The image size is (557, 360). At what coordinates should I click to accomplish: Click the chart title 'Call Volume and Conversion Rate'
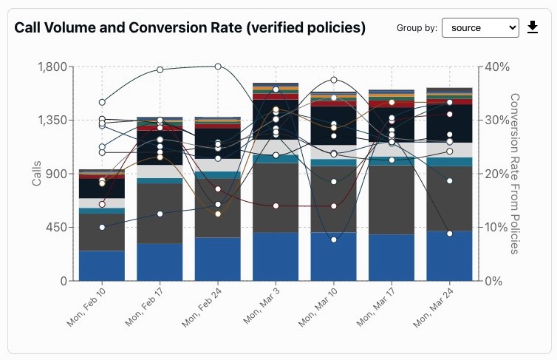[x=190, y=28]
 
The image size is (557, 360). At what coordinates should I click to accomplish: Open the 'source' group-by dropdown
[x=480, y=28]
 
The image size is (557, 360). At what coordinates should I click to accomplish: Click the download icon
[x=533, y=28]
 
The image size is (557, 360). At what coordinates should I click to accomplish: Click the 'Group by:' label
[x=417, y=28]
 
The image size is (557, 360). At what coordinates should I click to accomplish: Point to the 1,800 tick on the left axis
[x=52, y=67]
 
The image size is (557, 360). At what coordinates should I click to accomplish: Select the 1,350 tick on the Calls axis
[x=52, y=120]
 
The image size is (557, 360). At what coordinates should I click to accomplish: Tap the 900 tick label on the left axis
[x=58, y=174]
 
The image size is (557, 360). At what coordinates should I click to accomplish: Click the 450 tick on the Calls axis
[x=58, y=228]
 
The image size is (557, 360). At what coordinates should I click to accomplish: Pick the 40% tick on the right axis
[x=497, y=67]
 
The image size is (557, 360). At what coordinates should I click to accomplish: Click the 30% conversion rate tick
[x=497, y=120]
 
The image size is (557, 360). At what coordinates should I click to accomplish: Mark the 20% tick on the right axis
[x=497, y=174]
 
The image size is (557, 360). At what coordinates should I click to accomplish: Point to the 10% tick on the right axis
[x=497, y=228]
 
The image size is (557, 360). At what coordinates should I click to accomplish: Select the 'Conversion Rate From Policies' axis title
[x=515, y=174]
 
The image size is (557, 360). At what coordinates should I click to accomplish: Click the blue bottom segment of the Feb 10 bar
[x=102, y=266]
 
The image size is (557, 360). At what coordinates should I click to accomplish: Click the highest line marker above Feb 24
[x=218, y=67]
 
